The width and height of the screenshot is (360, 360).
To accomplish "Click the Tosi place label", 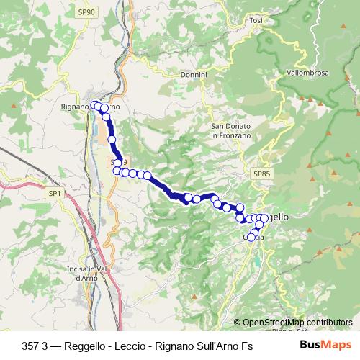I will [256, 21].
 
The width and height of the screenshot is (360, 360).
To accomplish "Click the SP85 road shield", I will [261, 174].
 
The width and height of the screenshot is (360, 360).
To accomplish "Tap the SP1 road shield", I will [55, 194].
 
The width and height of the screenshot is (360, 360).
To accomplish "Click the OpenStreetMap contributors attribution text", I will [297, 323].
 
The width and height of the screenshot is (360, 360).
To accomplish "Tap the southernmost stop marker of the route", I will [251, 238].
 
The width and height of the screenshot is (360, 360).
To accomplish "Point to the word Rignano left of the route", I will [75, 107].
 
